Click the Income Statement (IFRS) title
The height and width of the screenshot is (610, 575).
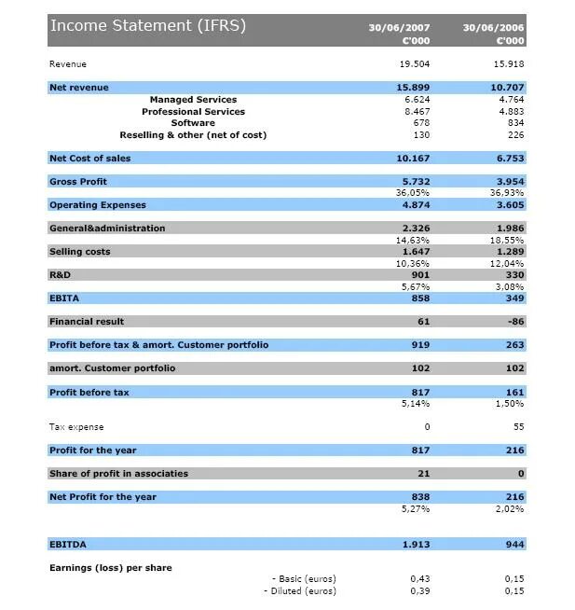point(148,25)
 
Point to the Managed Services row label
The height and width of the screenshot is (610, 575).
point(193,100)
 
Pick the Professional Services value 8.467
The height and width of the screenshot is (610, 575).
point(416,112)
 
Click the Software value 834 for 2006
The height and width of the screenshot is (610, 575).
point(513,123)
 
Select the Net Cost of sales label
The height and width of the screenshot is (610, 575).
point(89,159)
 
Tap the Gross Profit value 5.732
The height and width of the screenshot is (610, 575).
point(415,182)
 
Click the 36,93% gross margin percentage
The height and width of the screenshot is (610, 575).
point(507,193)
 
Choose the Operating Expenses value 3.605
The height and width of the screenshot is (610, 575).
point(509,205)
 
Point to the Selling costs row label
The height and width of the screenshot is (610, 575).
point(79,252)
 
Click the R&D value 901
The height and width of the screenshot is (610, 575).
point(419,275)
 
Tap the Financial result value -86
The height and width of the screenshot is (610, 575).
point(513,322)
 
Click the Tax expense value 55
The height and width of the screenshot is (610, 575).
point(518,427)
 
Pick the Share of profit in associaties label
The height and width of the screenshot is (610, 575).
point(118,474)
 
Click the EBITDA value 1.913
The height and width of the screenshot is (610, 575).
point(415,544)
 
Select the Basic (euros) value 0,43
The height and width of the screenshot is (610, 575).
point(419,579)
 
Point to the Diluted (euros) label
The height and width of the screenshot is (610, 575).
point(300,591)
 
